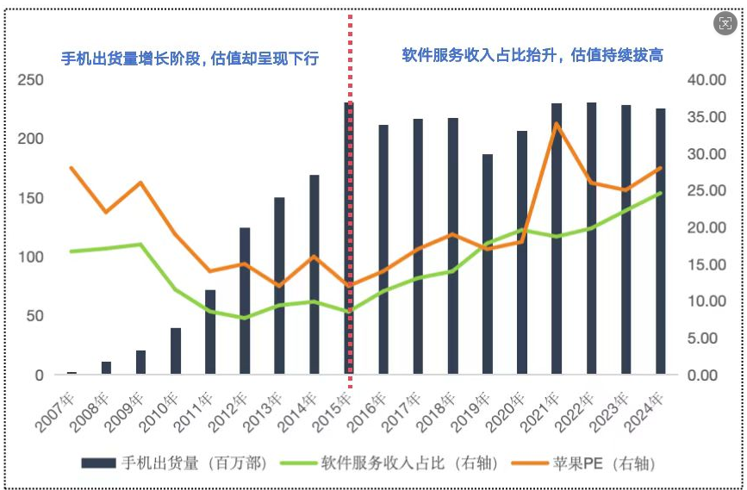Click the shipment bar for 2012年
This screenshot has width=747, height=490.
point(245,301)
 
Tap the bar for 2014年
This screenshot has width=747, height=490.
point(314,276)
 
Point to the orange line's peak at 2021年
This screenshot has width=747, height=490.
point(557,123)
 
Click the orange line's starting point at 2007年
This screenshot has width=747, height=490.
point(72,168)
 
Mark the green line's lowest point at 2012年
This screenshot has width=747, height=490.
point(245,318)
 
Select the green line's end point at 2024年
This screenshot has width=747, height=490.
point(660,193)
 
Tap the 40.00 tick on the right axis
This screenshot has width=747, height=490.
point(708,80)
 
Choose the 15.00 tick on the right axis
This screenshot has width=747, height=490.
point(708,264)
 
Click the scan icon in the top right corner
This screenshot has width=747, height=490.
point(725,25)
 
